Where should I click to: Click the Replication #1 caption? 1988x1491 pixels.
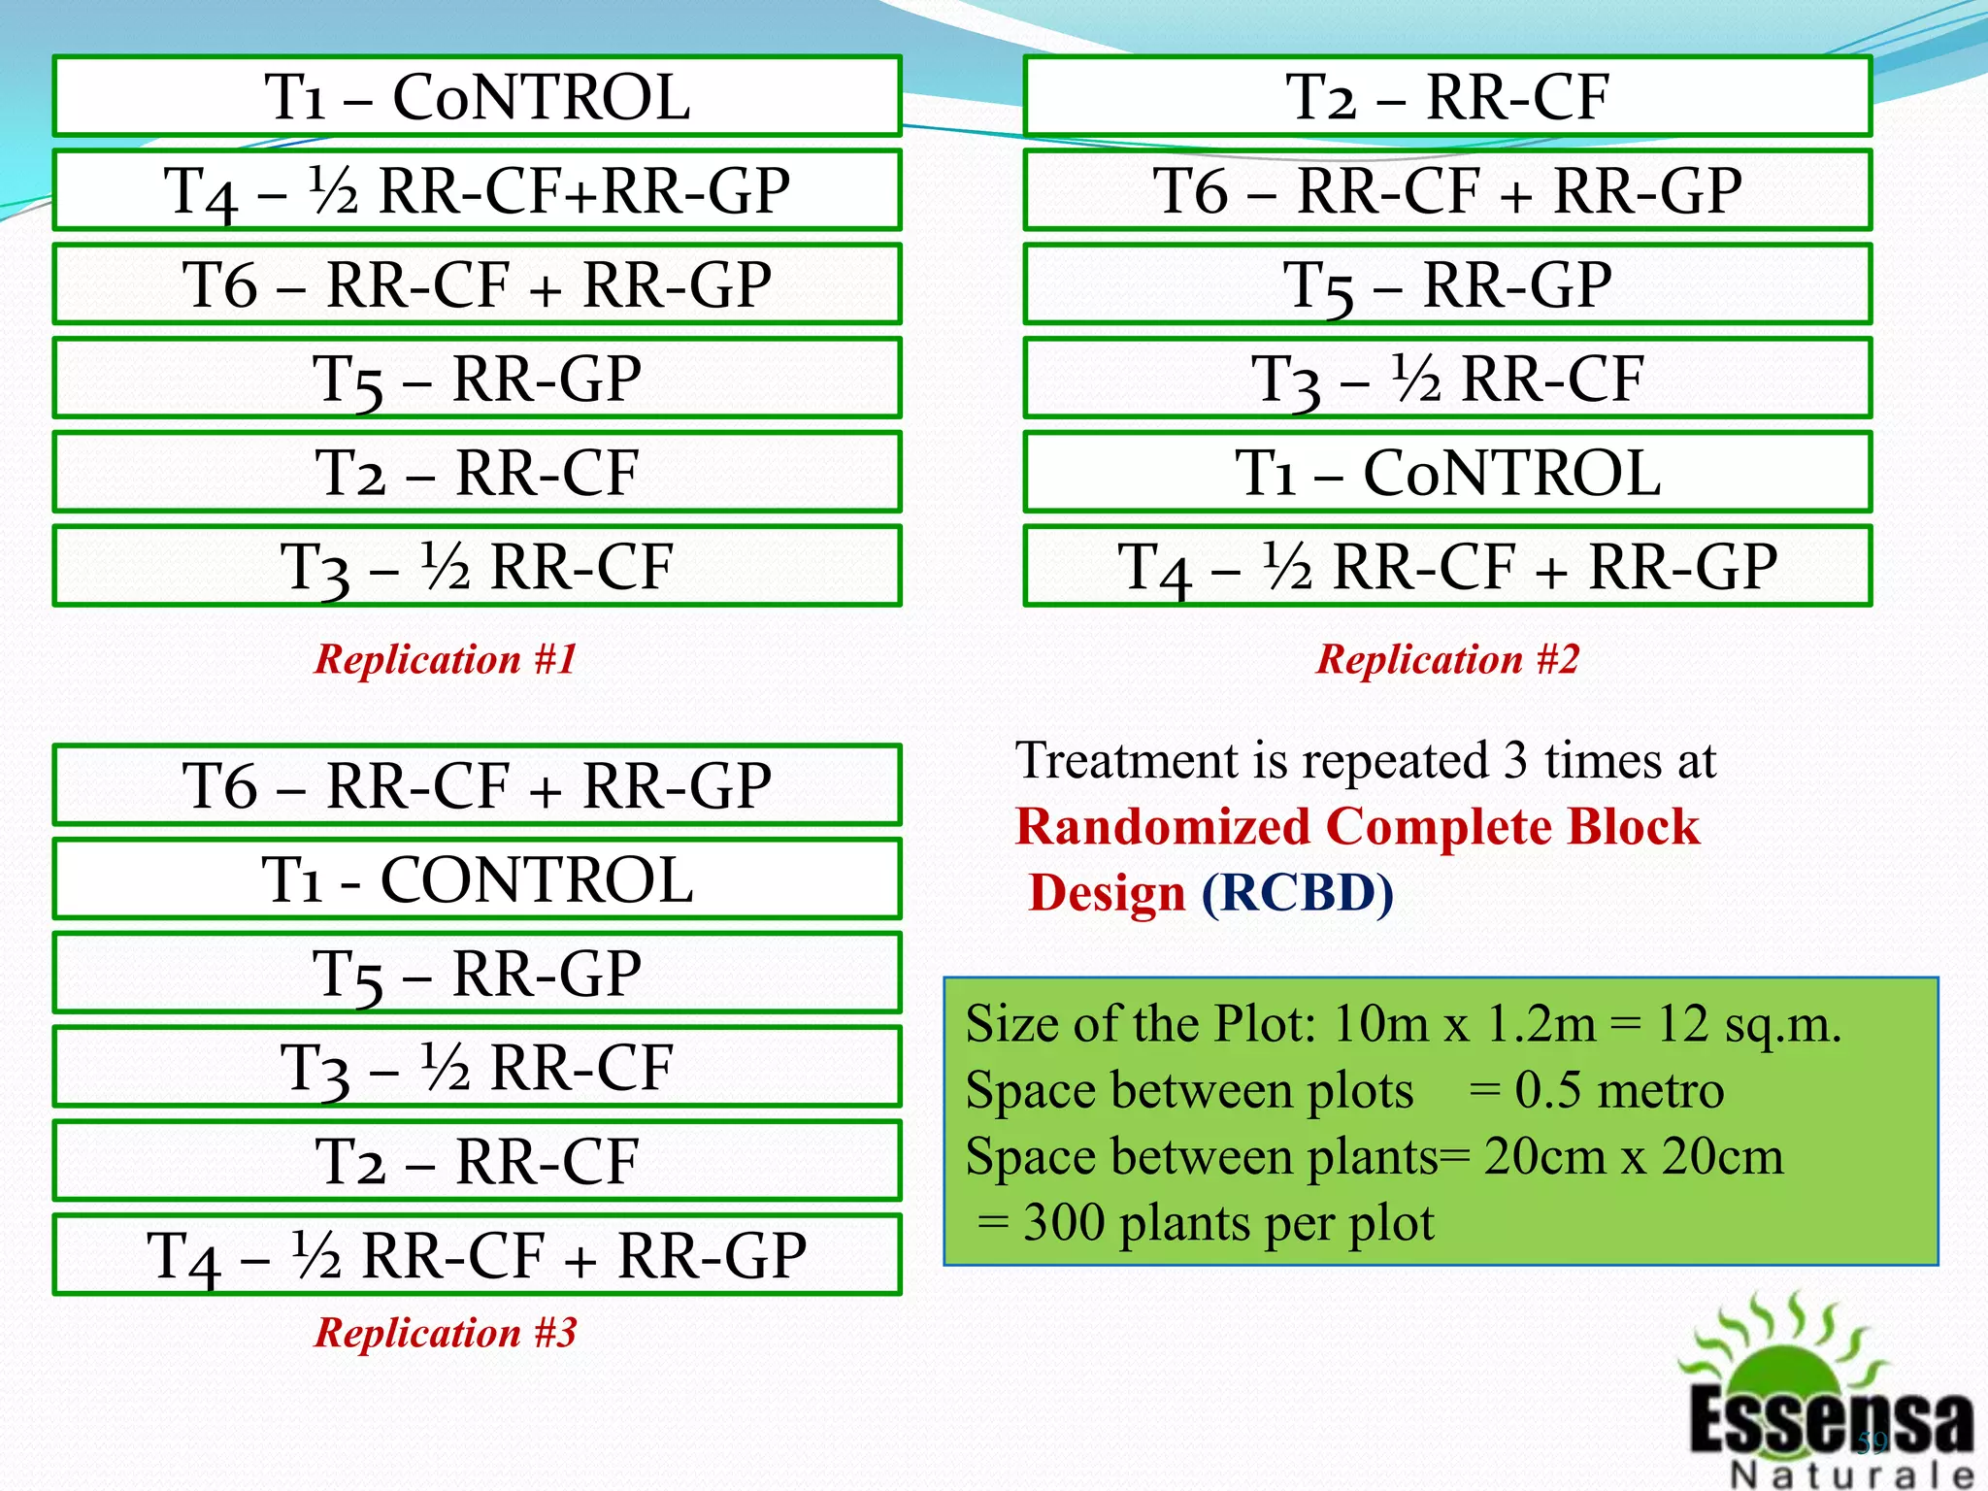pos(446,659)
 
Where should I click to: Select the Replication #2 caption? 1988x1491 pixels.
pos(1447,659)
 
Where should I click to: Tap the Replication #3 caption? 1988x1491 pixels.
pos(446,1332)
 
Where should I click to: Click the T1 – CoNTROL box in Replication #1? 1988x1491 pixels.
pos(477,96)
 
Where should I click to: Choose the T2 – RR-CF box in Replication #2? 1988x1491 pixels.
pos(1447,96)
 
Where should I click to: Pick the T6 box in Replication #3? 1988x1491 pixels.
pos(477,784)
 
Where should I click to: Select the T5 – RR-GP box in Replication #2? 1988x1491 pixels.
pos(1447,284)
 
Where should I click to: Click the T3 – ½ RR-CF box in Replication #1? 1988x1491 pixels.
pos(477,566)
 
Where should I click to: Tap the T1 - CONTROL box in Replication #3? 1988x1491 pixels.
pos(477,878)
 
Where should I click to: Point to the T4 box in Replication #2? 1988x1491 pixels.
pos(1447,566)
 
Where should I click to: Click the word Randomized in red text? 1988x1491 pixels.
pos(1162,827)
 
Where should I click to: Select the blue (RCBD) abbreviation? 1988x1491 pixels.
pos(1297,893)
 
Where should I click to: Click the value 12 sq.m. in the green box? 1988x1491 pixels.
pos(1748,1024)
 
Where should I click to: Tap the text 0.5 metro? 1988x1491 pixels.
pos(1619,1090)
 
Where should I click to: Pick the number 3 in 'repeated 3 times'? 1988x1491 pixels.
pos(1514,761)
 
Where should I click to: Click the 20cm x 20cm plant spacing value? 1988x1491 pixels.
pos(1633,1157)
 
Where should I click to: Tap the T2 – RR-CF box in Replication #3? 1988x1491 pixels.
pos(477,1161)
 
